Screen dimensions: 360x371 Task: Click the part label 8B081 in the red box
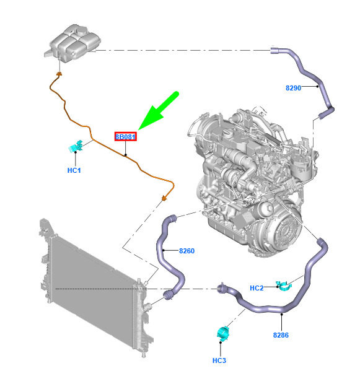(x=125, y=137)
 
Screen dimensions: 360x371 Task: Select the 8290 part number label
(x=293, y=88)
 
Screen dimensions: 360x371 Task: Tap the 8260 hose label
(x=187, y=251)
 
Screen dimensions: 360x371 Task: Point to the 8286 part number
(x=281, y=335)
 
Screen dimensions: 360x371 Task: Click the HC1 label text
(x=74, y=170)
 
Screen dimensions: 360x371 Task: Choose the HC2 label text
(x=257, y=288)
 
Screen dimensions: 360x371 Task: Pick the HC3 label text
(x=219, y=360)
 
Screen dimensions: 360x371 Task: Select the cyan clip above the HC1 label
(x=76, y=146)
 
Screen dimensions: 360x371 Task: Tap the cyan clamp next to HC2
(x=284, y=286)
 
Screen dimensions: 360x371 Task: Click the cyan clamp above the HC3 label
(x=223, y=333)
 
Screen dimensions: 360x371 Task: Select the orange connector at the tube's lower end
(x=164, y=198)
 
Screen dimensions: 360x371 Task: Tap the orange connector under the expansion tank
(x=59, y=74)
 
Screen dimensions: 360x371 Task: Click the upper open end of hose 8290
(x=274, y=50)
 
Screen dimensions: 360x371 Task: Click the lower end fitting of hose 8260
(x=168, y=295)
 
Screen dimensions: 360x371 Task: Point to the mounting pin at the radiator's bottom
(x=143, y=355)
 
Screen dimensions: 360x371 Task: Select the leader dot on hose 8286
(x=282, y=314)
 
